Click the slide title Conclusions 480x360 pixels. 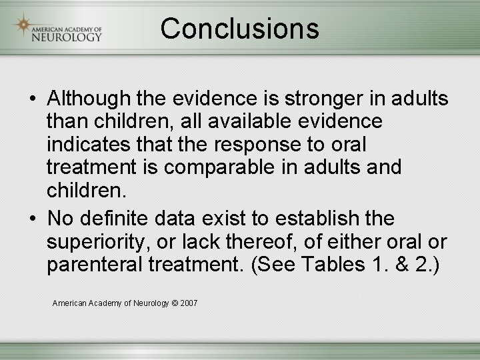239,29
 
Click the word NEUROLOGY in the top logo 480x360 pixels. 67,36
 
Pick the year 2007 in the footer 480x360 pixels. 189,303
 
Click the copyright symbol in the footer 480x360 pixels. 175,303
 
